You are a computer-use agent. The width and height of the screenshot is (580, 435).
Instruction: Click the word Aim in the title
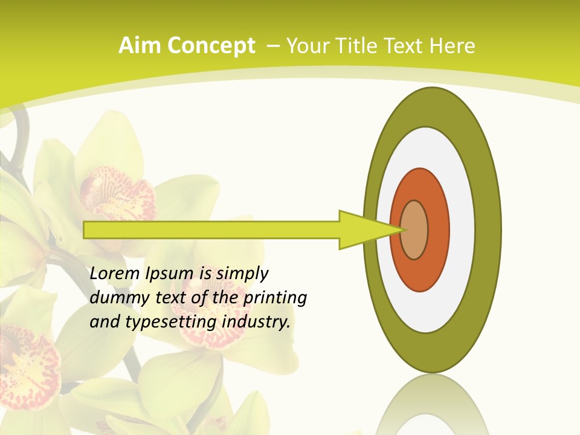[139, 46]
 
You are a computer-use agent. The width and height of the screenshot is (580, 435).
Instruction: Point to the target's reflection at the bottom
[431, 405]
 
